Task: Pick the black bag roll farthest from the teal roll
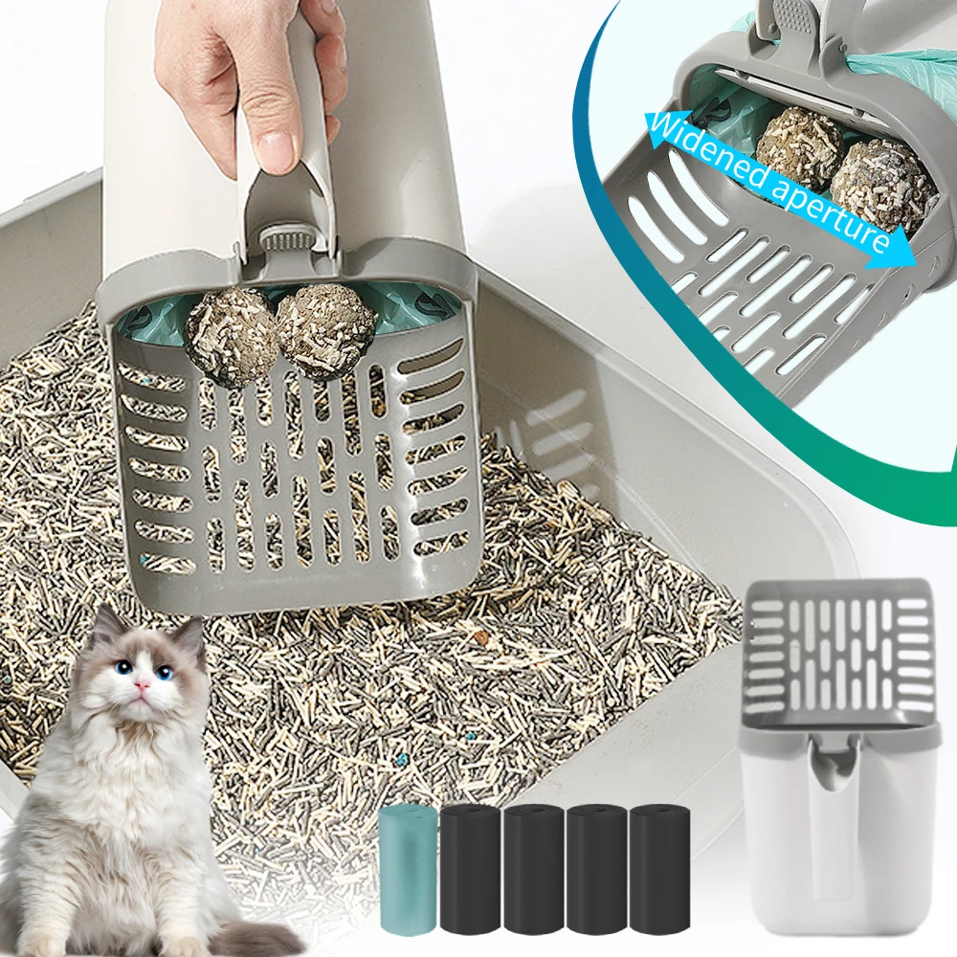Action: (659, 869)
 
